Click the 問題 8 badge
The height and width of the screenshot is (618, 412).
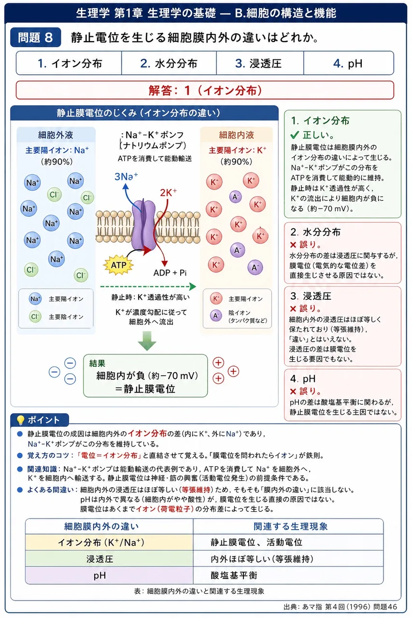36,37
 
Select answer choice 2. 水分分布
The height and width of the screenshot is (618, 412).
169,63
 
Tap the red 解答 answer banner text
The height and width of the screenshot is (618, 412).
205,90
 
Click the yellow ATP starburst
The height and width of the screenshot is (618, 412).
118,265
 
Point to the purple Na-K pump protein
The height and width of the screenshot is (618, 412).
143,225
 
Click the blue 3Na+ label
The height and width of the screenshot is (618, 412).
126,176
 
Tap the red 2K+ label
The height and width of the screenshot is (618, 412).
168,193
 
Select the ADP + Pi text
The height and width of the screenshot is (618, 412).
170,273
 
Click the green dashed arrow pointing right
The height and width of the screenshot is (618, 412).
148,287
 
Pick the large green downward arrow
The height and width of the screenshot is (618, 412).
147,341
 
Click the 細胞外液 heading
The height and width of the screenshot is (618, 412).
56,135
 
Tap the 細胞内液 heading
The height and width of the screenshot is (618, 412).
237,135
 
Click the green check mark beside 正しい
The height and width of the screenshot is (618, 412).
295,135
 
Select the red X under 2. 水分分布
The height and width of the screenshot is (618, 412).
293,245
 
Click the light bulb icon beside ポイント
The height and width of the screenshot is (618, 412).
20,420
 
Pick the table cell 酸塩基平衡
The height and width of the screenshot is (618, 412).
234,575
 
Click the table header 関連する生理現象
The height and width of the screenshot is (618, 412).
291,526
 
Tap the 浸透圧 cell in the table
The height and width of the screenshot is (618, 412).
99,559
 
